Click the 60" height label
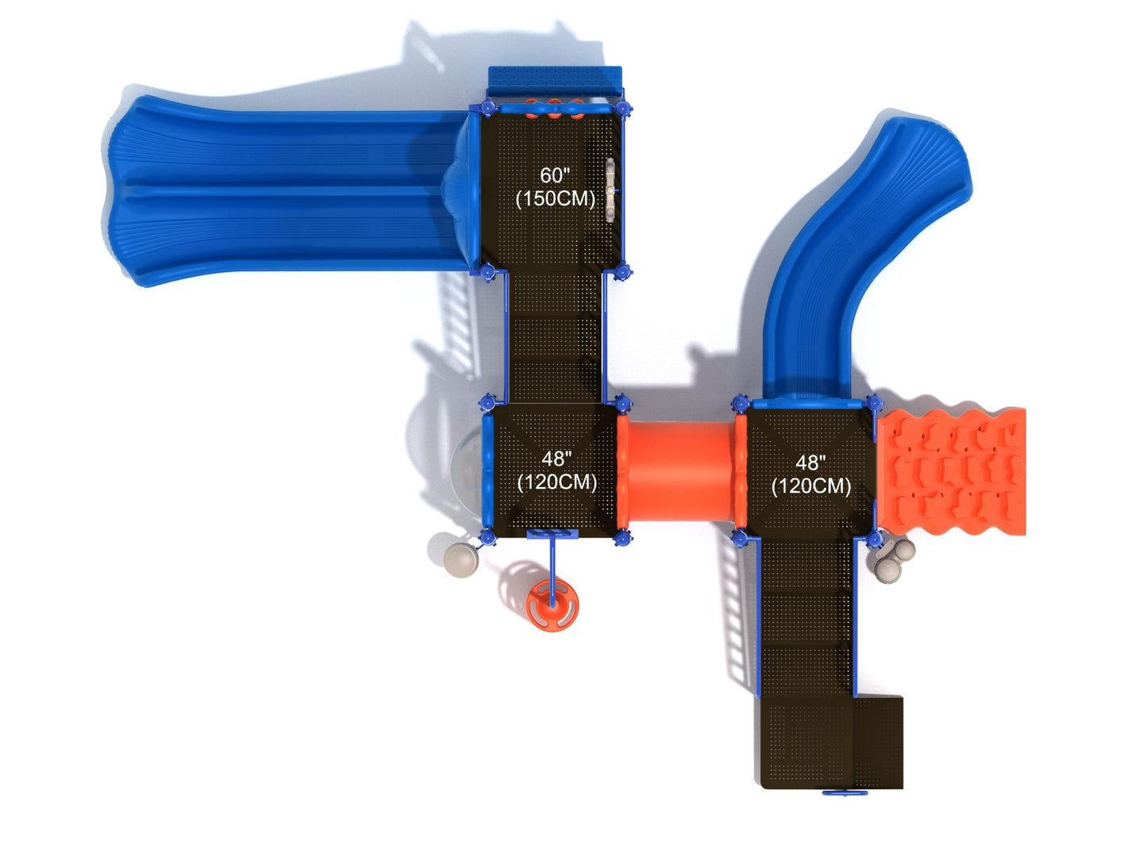pyautogui.click(x=554, y=175)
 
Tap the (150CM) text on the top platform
pyautogui.click(x=555, y=199)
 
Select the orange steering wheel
pyautogui.click(x=552, y=605)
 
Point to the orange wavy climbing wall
pyautogui.click(x=952, y=472)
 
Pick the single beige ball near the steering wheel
pyautogui.click(x=460, y=560)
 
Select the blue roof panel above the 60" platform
pyautogui.click(x=554, y=80)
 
